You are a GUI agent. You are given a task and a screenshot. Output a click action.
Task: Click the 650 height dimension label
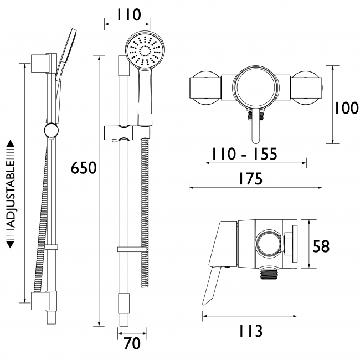pos(84,167)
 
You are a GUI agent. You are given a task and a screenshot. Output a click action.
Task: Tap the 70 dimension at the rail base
pos(132,343)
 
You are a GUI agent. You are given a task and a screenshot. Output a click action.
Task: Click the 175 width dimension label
pos(250,178)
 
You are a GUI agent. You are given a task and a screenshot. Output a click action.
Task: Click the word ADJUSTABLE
pos(11,194)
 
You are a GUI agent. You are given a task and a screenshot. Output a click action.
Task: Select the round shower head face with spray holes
pos(145,52)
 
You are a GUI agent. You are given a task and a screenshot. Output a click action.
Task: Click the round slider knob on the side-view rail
pos(51,131)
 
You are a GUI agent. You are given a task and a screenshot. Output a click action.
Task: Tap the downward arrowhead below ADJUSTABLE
pos(11,244)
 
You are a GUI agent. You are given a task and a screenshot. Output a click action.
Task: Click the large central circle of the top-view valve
pos(255,88)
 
